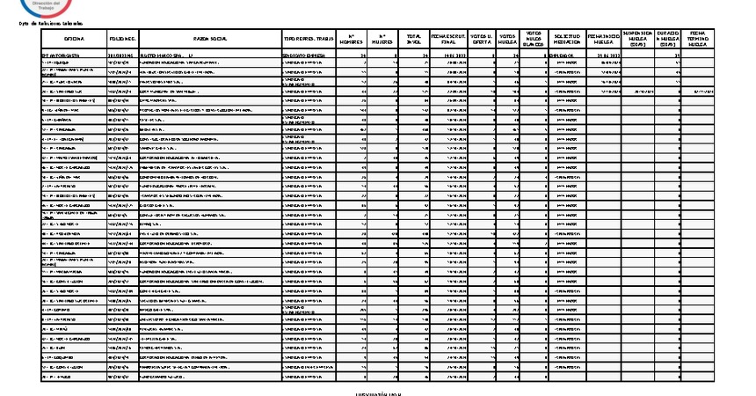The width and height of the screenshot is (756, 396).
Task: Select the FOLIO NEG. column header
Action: [122, 40]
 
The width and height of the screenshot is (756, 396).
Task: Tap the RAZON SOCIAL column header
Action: [209, 40]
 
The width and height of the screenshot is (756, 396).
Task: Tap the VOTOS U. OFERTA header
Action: [482, 40]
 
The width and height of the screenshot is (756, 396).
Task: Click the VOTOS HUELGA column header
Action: [508, 40]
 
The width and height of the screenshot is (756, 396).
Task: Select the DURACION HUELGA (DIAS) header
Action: [671, 40]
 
